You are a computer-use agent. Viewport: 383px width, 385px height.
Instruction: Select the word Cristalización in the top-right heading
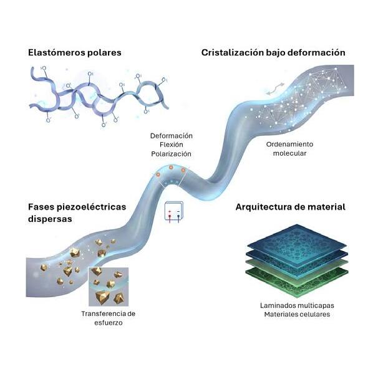click(x=228, y=53)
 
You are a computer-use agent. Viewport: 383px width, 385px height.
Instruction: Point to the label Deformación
click(x=172, y=136)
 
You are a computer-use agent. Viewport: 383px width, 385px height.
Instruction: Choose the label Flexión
click(x=172, y=145)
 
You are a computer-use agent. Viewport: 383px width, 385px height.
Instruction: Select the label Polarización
click(x=172, y=153)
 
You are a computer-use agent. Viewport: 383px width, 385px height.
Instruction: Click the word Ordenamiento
click(x=289, y=144)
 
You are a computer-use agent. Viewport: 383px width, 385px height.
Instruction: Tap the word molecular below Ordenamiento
click(x=289, y=153)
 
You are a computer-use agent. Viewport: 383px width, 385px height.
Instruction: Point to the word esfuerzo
click(x=108, y=323)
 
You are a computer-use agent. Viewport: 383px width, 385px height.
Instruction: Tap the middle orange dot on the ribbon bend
click(x=171, y=168)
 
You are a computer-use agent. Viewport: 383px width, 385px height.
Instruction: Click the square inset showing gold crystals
click(x=109, y=286)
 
